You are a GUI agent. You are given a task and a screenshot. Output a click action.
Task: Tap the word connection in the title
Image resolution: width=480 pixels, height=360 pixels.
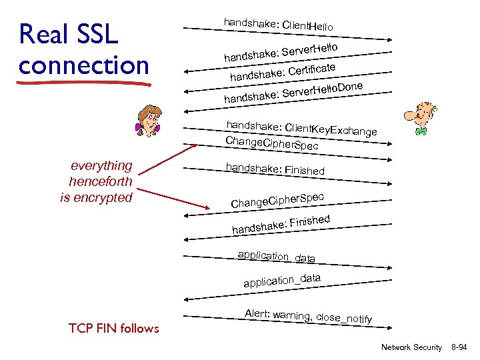pyautogui.click(x=84, y=65)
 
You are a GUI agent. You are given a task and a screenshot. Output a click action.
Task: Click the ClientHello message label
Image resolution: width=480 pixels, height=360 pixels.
pyautogui.click(x=279, y=25)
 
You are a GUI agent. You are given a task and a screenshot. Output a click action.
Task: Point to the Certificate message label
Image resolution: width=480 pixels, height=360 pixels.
pyautogui.click(x=282, y=72)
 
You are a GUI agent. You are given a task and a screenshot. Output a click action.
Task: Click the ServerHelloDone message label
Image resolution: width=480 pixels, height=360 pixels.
pyautogui.click(x=293, y=93)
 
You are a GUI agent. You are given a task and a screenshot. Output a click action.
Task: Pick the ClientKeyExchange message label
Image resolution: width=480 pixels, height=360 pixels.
pyautogui.click(x=301, y=128)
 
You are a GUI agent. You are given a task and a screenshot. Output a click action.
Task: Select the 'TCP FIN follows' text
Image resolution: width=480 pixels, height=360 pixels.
pyautogui.click(x=114, y=328)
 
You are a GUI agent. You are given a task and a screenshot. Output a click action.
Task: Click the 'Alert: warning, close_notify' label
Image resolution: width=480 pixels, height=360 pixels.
pyautogui.click(x=308, y=316)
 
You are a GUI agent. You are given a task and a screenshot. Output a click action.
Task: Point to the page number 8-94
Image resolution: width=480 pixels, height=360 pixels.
pyautogui.click(x=459, y=347)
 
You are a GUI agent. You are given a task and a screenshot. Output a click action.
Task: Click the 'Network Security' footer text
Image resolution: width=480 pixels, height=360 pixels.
pyautogui.click(x=411, y=347)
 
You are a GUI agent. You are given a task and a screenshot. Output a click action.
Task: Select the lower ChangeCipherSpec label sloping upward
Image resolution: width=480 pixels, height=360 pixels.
pyautogui.click(x=277, y=199)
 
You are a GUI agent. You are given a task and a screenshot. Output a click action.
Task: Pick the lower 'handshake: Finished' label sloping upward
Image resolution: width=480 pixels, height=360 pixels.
pyautogui.click(x=281, y=224)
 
